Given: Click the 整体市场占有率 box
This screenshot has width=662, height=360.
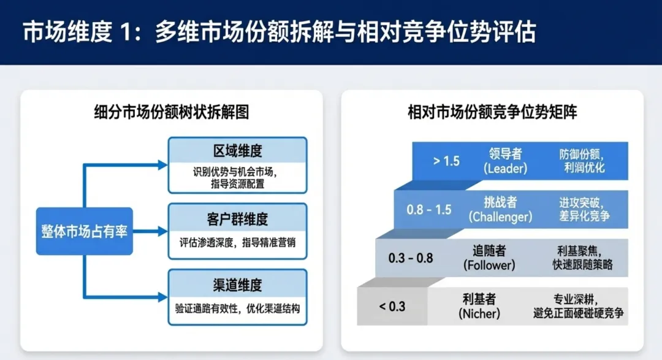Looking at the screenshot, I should point(85,231).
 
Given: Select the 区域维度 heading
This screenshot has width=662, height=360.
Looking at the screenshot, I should point(237,151).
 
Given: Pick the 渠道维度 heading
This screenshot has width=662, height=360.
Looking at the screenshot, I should point(237,284).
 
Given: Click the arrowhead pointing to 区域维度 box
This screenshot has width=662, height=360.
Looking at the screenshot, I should point(162,165).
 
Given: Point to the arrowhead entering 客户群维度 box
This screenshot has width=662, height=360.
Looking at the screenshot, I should point(162,231).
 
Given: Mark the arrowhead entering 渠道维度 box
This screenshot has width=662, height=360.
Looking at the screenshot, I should point(162,297).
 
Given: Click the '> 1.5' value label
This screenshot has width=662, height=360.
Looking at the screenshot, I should point(446,161).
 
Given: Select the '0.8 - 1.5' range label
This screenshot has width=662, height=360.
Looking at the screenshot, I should point(429,209).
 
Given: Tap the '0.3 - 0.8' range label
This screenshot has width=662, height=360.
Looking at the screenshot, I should point(411,258).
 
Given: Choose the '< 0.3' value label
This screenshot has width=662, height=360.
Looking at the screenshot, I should point(392,305).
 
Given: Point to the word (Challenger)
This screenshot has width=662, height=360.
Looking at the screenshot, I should point(500,216).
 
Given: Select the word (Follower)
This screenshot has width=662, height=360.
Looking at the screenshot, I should point(490,265).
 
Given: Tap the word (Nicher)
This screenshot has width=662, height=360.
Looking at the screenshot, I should point(479,313).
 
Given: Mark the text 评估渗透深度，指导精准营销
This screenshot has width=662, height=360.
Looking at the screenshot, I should point(237,242).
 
